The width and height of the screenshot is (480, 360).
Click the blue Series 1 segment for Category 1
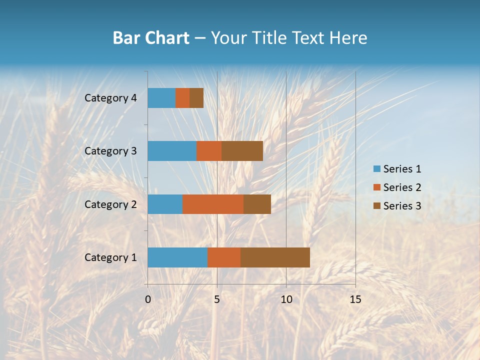pyautogui.click(x=177, y=257)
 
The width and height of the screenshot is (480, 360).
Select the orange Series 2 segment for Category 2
pyautogui.click(x=213, y=204)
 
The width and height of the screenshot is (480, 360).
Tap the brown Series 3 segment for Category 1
pyautogui.click(x=275, y=257)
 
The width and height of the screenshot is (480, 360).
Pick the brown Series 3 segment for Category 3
pyautogui.click(x=242, y=151)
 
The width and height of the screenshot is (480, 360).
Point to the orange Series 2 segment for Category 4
pyautogui.click(x=182, y=98)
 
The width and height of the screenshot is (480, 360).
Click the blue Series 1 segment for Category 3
pyautogui.click(x=172, y=151)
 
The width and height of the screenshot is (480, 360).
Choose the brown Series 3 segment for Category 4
pyautogui.click(x=196, y=98)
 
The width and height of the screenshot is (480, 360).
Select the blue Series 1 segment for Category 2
pyautogui.click(x=165, y=204)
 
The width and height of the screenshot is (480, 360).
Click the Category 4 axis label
pyautogui.click(x=110, y=98)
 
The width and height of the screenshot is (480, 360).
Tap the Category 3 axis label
pyautogui.click(x=110, y=151)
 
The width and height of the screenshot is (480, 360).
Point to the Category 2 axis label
pyautogui.click(x=110, y=204)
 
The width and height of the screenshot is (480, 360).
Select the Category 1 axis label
pyautogui.click(x=110, y=257)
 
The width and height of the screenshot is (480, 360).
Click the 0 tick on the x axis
pyautogui.click(x=148, y=299)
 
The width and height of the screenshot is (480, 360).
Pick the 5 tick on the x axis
pyautogui.click(x=217, y=299)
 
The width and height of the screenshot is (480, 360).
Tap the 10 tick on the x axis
pyautogui.click(x=286, y=299)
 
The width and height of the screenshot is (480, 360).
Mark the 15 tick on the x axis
pyautogui.click(x=355, y=299)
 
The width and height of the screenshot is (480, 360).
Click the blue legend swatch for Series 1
pyautogui.click(x=376, y=169)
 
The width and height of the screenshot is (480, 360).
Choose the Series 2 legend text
pyautogui.click(x=402, y=187)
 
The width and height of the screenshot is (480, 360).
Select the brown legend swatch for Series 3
pyautogui.click(x=376, y=206)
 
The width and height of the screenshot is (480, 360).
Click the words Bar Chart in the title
pyautogui.click(x=151, y=38)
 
